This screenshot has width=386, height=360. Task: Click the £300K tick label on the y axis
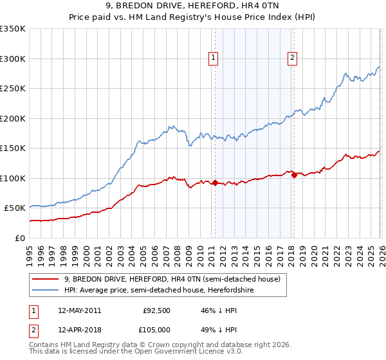(13, 59)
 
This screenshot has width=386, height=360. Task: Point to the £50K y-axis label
(15, 208)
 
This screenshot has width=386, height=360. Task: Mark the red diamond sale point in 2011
(215, 183)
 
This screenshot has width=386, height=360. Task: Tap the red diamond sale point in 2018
(293, 175)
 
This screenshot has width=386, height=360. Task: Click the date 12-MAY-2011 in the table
(79, 310)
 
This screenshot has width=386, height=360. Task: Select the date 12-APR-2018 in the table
(79, 330)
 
